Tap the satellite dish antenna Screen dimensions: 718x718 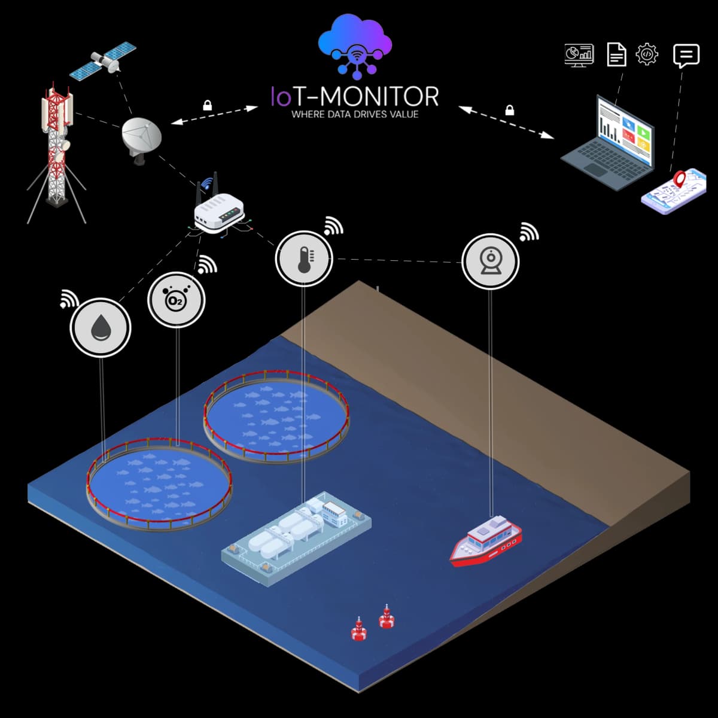click(x=141, y=136)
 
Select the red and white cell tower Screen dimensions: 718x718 click(x=56, y=150)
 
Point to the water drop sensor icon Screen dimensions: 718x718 click(x=101, y=328)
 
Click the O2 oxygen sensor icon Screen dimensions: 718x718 click(x=177, y=300)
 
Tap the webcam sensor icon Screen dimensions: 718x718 click(x=491, y=261)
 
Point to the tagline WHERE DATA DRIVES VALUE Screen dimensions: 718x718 click(x=355, y=114)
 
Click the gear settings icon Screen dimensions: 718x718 click(x=647, y=54)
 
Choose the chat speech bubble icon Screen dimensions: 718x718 click(x=686, y=56)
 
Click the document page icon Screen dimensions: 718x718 click(x=616, y=54)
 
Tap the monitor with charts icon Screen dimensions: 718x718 click(x=579, y=54)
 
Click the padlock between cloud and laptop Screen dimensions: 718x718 click(x=510, y=110)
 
